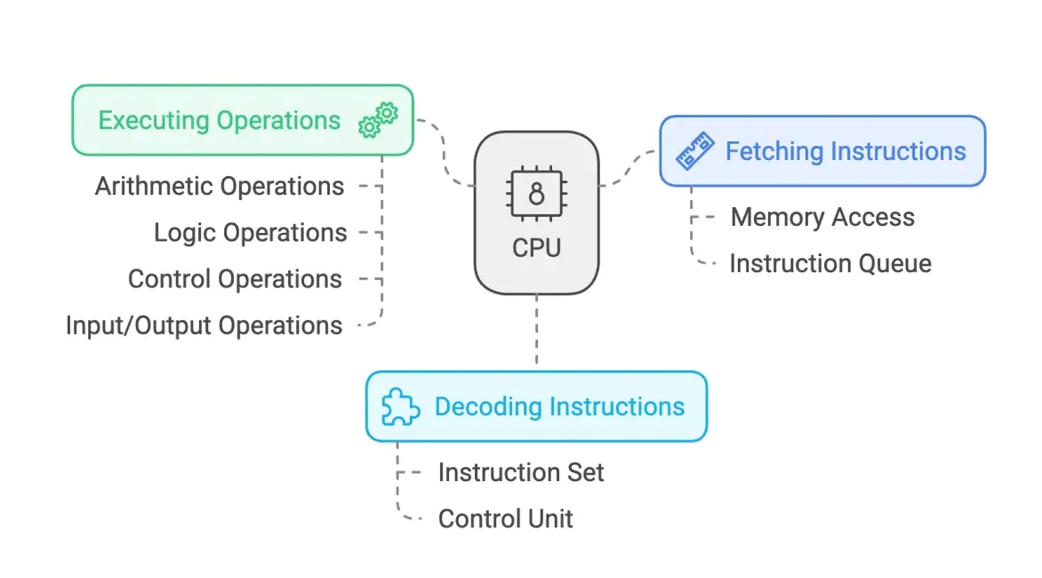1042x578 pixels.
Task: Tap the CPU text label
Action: click(x=536, y=247)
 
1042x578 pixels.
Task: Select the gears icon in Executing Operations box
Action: click(x=378, y=120)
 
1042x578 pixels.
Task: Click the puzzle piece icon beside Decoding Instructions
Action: click(x=400, y=407)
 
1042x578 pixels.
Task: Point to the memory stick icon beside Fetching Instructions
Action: click(x=693, y=152)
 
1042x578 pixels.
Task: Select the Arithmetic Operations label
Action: click(x=220, y=187)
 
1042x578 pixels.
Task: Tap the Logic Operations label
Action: click(x=250, y=233)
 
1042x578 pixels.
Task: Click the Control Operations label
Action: click(x=235, y=279)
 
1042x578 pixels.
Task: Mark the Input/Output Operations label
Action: click(x=204, y=325)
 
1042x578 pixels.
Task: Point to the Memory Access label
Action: click(x=822, y=217)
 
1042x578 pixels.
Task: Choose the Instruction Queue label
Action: click(x=830, y=264)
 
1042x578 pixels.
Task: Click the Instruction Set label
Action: click(x=521, y=472)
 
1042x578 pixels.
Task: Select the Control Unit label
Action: click(x=506, y=518)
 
